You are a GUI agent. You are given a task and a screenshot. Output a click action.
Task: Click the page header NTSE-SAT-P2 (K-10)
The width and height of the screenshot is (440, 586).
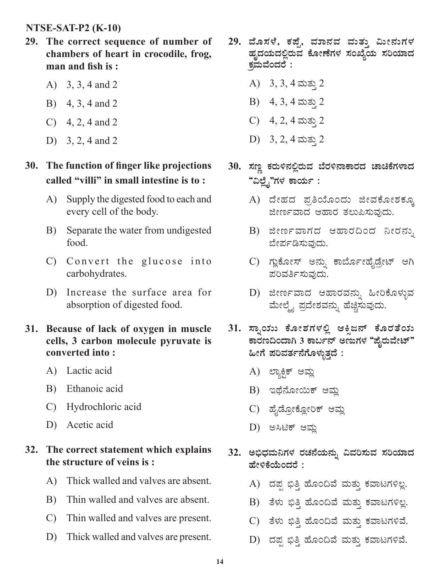(x=73, y=28)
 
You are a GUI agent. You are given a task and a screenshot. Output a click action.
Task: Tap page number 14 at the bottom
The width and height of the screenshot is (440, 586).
(x=220, y=562)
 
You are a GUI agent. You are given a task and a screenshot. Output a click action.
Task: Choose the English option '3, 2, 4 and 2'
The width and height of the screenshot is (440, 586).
(x=91, y=141)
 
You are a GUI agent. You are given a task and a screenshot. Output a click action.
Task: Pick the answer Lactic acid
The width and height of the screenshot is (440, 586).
(x=89, y=371)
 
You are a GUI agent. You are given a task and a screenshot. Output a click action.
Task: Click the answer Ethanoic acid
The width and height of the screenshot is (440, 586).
(x=95, y=389)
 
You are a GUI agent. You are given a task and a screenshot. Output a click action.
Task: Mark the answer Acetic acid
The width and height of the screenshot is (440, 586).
(x=90, y=425)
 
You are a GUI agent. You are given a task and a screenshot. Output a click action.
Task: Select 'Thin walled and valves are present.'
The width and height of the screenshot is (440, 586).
(x=139, y=518)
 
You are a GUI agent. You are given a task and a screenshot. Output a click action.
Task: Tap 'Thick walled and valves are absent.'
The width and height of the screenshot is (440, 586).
(x=139, y=481)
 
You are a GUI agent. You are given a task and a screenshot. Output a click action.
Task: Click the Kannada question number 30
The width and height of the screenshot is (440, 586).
(x=234, y=167)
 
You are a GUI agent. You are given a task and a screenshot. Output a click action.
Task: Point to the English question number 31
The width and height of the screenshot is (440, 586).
(x=31, y=329)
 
